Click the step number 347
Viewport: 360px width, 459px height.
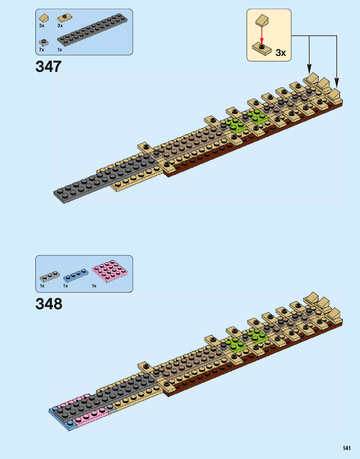[x=48, y=67]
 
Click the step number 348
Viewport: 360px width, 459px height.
[x=49, y=304]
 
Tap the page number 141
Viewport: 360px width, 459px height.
[x=347, y=448]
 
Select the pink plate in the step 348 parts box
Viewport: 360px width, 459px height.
[x=110, y=271]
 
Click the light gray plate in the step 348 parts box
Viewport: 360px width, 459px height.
[x=50, y=276]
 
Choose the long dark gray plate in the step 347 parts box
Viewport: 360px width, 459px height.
[x=92, y=30]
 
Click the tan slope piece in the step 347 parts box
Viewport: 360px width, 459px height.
[x=43, y=18]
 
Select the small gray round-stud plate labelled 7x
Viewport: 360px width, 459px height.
[x=43, y=42]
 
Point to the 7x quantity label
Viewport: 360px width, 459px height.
[x=42, y=50]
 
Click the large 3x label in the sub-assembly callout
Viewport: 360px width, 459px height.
[x=281, y=53]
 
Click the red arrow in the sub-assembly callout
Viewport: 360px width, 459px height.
[x=262, y=35]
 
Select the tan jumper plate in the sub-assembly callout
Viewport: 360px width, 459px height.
[x=262, y=49]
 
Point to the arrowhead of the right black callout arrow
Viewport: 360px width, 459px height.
[x=337, y=83]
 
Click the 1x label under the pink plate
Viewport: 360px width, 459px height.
[x=94, y=286]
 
